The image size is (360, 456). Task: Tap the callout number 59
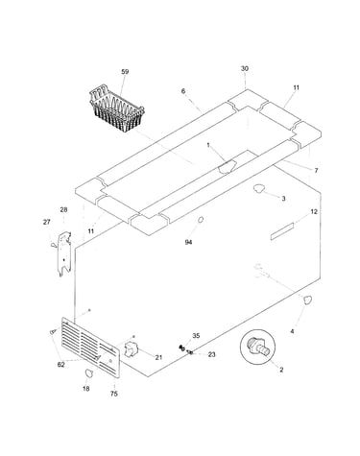click(125, 72)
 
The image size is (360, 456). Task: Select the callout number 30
click(245, 68)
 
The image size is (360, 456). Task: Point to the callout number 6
click(183, 91)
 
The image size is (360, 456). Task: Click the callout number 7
click(316, 171)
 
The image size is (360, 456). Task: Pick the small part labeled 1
click(227, 166)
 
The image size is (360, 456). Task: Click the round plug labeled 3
click(258, 189)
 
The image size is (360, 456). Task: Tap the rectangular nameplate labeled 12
click(281, 231)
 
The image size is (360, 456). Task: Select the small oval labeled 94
click(201, 220)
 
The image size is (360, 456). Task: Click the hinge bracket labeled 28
click(63, 254)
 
